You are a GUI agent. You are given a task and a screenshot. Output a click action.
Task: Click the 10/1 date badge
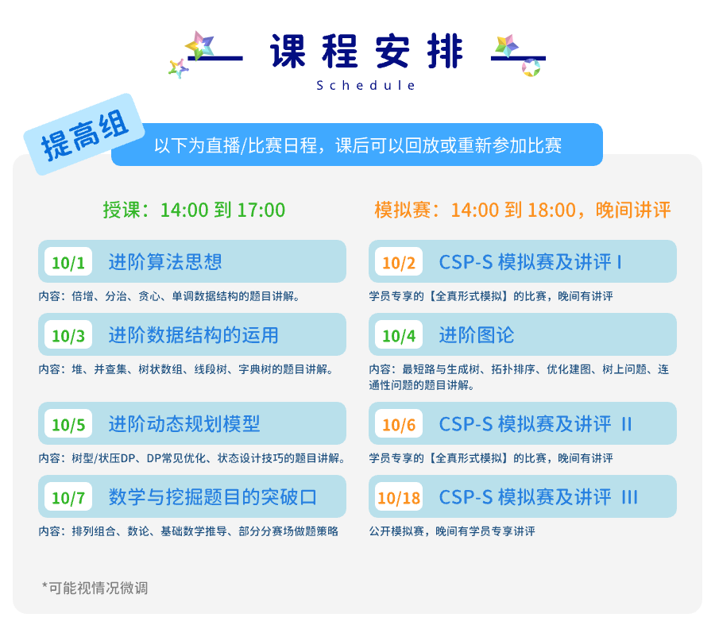68,261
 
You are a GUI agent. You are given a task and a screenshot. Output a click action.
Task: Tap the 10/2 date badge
399,261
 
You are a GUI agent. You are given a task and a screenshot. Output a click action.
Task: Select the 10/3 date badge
68,334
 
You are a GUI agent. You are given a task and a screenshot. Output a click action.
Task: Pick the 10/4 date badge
399,334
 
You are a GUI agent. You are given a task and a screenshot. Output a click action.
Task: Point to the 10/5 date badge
68,423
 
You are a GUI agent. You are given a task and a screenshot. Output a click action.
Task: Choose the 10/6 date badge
399,423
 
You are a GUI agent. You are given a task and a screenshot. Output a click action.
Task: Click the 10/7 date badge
68,496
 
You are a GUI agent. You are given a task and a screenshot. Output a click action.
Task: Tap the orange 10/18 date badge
399,496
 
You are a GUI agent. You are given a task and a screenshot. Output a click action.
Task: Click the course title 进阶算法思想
165,261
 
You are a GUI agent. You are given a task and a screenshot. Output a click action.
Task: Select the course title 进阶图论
477,335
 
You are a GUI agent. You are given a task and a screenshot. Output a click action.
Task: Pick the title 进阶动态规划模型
184,424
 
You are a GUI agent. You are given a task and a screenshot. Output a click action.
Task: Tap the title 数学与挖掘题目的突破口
212,497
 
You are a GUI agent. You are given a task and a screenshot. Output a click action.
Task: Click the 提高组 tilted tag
84,134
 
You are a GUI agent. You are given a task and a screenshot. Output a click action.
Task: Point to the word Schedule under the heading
365,85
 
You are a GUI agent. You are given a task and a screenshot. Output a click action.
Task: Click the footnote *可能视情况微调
95,588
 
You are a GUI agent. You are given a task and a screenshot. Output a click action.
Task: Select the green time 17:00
261,210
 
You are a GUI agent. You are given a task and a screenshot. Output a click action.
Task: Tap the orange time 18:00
552,210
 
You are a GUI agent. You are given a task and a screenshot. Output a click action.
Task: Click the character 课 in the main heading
288,51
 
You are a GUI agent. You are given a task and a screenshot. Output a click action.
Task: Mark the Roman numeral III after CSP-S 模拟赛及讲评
630,497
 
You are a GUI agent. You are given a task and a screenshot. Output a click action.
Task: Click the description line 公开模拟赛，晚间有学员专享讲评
452,531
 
